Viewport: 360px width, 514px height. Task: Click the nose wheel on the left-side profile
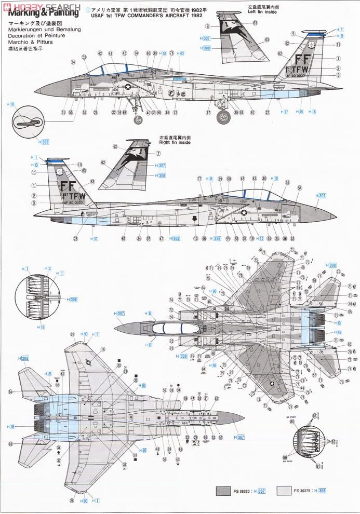139,120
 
